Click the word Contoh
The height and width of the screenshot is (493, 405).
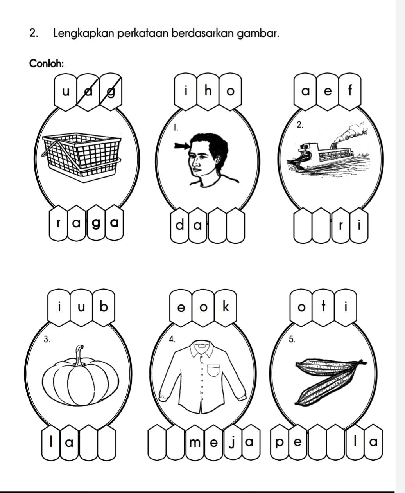47,63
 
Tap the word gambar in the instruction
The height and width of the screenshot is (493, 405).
258,34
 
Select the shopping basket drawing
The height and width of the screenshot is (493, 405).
82,157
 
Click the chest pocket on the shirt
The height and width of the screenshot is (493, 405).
213,370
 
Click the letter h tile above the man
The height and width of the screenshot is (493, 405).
208,92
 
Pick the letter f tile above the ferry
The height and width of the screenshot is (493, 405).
349,92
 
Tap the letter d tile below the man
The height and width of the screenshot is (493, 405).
179,226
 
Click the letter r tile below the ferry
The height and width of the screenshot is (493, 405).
340,226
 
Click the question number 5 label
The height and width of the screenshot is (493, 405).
292,339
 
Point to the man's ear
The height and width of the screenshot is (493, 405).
218,160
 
